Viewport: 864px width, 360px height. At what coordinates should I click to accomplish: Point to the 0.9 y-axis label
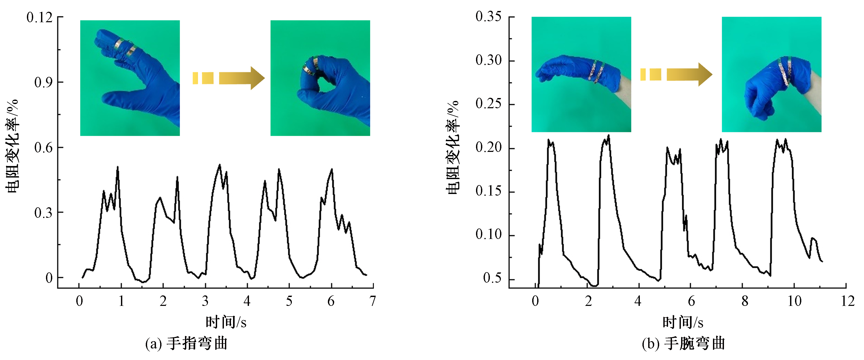(x=44, y=82)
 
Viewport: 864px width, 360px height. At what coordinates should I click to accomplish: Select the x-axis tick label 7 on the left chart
(x=373, y=301)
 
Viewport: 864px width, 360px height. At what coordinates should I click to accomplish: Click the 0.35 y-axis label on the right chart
(x=488, y=16)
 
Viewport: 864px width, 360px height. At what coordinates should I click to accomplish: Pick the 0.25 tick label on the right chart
(x=488, y=104)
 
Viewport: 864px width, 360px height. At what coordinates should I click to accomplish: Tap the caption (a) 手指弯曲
(x=186, y=344)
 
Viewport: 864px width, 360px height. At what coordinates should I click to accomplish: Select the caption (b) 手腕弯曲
(x=683, y=344)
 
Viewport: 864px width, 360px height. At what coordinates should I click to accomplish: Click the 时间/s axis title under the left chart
(x=226, y=322)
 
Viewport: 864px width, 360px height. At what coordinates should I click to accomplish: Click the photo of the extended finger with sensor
(x=130, y=78)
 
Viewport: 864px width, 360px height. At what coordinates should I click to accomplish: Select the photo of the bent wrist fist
(x=772, y=74)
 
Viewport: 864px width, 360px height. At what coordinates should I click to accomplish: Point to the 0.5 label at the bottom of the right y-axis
(x=492, y=278)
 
